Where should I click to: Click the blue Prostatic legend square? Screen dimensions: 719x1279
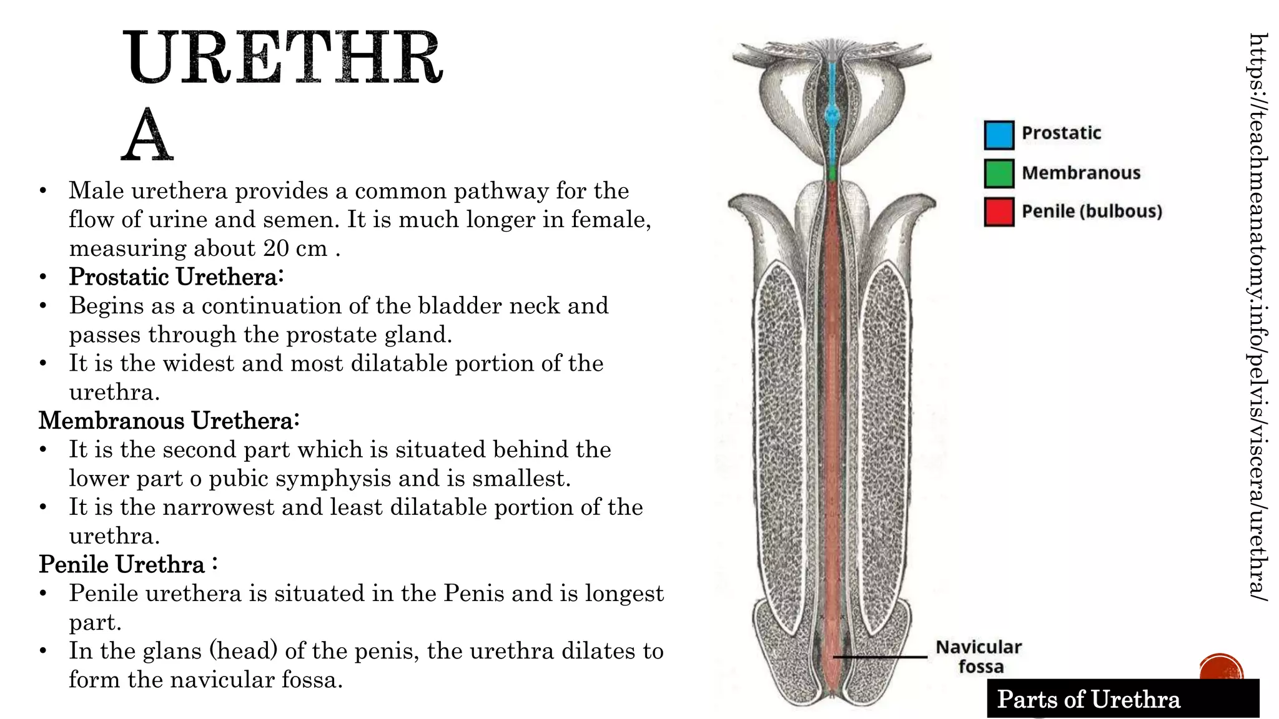[x=999, y=135]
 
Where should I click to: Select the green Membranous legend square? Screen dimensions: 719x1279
[x=999, y=174]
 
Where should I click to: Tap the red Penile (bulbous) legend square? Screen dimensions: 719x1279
[x=999, y=212]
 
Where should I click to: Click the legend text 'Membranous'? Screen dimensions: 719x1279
[x=1081, y=173]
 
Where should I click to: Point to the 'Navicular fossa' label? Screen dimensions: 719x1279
[x=979, y=657]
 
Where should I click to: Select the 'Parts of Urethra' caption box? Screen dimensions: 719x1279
[x=1122, y=699]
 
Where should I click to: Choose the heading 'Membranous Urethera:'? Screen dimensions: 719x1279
[x=169, y=421]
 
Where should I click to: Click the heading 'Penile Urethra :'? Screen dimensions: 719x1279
[x=128, y=564]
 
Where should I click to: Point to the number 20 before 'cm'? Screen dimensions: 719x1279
[x=275, y=248]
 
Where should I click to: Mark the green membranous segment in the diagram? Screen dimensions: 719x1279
[x=832, y=173]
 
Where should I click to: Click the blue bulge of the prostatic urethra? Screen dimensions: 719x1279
[x=832, y=114]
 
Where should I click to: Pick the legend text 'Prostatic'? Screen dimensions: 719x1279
[x=1061, y=133]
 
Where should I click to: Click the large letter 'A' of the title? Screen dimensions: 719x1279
[x=147, y=135]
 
